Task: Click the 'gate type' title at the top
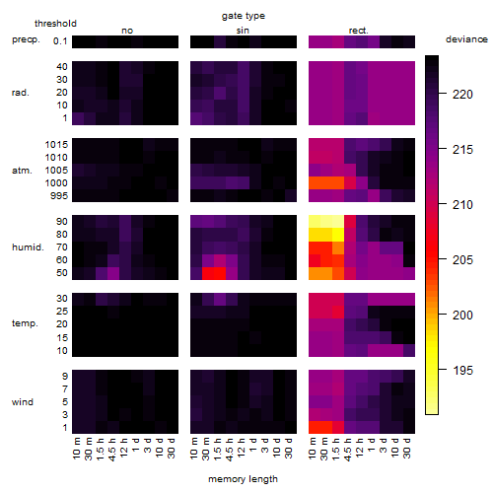[244, 16]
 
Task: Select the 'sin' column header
[243, 31]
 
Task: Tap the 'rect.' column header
[358, 31]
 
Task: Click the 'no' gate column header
[127, 31]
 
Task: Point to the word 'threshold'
[55, 24]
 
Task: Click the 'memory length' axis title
[243, 479]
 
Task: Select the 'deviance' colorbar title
[466, 39]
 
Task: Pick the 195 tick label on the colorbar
[462, 371]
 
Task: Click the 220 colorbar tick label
[462, 95]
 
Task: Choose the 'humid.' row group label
[28, 247]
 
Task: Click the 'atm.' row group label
[22, 171]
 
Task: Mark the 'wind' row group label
[23, 402]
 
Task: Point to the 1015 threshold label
[56, 144]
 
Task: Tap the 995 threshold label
[59, 195]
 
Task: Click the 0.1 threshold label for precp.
[60, 41]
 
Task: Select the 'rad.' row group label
[21, 93]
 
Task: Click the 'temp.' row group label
[25, 323]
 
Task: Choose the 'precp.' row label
[26, 39]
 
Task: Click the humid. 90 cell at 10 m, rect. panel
[315, 222]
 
